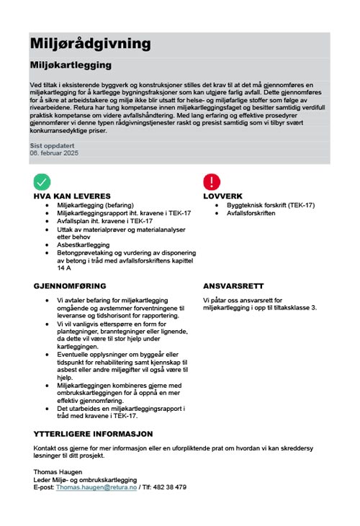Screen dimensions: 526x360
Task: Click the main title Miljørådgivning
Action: [91, 44]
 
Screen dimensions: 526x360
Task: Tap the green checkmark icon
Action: [42, 181]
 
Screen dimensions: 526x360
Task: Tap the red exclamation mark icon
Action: [212, 181]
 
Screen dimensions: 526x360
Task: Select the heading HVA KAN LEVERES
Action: [72, 196]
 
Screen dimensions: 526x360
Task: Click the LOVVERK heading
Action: [223, 196]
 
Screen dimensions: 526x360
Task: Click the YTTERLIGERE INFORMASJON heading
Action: [93, 434]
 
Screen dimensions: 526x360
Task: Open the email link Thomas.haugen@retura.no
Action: [96, 487]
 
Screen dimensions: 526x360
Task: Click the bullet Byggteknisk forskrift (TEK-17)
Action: [270, 205]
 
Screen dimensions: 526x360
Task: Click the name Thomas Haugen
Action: [58, 472]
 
